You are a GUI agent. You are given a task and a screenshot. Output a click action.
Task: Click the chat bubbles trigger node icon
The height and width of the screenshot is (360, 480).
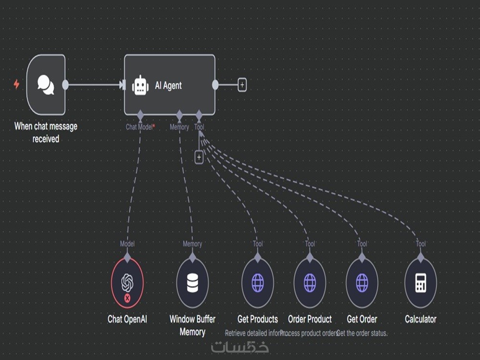tap(46, 84)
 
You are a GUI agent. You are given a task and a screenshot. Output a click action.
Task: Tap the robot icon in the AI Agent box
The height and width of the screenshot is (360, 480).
tap(140, 85)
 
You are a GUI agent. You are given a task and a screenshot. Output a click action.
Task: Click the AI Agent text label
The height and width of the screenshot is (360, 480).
tap(168, 85)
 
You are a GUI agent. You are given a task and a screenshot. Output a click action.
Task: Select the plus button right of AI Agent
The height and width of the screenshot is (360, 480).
tap(242, 85)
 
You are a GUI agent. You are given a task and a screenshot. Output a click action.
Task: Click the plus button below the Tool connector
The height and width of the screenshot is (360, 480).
tap(199, 157)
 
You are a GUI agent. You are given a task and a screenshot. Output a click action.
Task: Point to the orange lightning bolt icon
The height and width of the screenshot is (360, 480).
tap(16, 84)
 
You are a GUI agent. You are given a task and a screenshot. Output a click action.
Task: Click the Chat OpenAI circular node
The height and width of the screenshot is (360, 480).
tap(127, 283)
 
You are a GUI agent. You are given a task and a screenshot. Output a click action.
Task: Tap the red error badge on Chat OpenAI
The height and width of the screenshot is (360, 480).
tap(127, 298)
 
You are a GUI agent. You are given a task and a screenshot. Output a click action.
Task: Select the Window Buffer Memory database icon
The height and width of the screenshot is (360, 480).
tap(192, 283)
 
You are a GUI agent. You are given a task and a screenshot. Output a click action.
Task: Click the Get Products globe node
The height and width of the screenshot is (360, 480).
tap(258, 283)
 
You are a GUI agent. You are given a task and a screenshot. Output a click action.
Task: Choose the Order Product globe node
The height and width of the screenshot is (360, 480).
tap(310, 283)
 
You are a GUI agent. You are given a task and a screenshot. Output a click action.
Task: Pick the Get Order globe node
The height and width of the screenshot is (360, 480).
tap(362, 283)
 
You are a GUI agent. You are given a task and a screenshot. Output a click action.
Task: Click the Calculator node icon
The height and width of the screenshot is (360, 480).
tap(420, 283)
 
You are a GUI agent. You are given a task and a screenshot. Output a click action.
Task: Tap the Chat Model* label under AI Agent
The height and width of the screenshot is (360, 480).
tap(140, 127)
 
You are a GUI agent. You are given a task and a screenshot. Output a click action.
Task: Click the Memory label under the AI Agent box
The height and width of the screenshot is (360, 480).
tap(179, 127)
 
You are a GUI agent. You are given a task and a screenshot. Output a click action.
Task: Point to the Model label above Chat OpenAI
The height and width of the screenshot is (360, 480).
tap(127, 244)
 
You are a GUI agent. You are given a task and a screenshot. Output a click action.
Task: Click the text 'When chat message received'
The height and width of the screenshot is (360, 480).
tap(46, 132)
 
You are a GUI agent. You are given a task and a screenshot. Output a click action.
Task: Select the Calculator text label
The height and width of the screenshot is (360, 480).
tap(420, 319)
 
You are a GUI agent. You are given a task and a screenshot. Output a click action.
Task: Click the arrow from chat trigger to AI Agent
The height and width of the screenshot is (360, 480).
tap(96, 85)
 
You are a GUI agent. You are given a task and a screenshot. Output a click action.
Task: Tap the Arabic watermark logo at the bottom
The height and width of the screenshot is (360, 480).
tap(240, 346)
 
